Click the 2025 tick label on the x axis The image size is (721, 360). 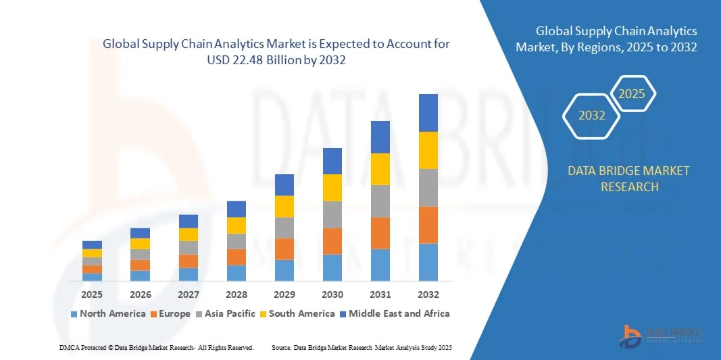92,294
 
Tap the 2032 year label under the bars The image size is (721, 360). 428,294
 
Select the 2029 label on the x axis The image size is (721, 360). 284,294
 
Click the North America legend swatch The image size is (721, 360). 74,314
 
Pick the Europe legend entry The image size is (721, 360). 170,313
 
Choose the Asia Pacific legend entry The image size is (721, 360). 226,313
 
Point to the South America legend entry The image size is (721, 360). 301,313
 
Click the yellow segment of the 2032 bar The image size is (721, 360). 428,150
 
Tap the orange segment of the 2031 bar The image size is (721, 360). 380,233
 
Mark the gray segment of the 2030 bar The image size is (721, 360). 332,214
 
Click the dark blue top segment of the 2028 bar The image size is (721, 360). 237,209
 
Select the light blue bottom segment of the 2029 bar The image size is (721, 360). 284,270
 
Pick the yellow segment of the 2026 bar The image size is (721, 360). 141,244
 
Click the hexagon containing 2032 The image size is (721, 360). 592,115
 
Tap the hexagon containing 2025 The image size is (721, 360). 632,93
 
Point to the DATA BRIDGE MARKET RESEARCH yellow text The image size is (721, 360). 628,178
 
